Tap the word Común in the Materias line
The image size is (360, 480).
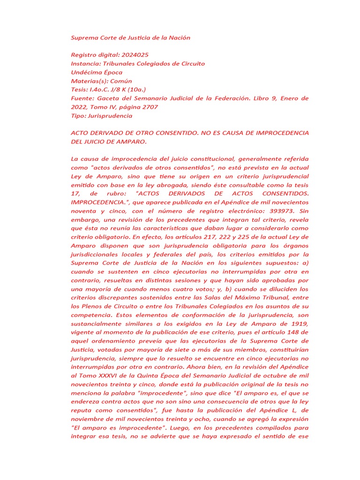click(121, 81)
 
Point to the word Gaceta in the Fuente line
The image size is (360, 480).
click(109, 98)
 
